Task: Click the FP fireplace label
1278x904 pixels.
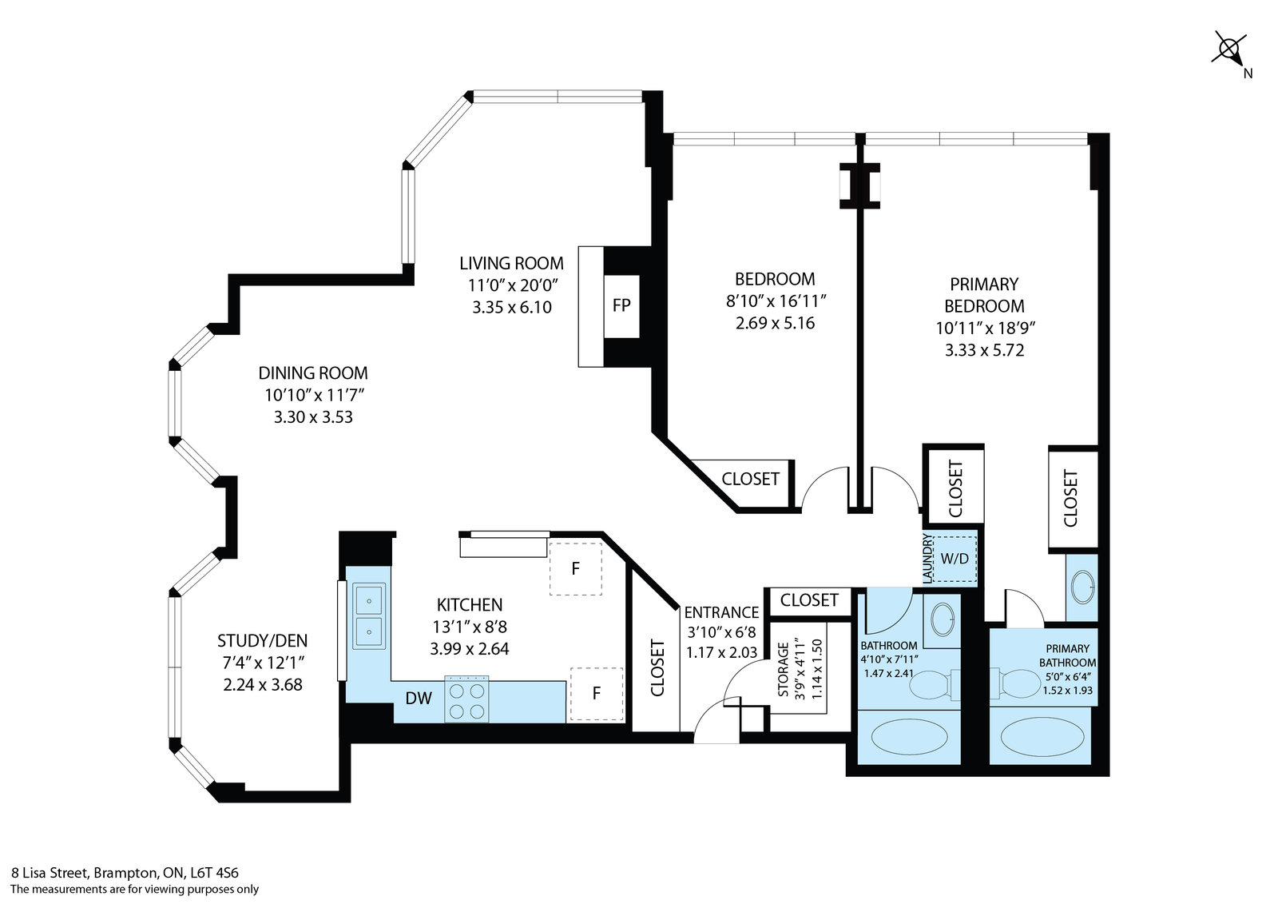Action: (621, 305)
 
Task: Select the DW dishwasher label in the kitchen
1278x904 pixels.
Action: (419, 698)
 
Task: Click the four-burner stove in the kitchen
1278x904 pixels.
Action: (466, 699)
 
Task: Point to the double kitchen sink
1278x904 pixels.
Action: (368, 615)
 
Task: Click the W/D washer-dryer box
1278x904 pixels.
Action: (955, 559)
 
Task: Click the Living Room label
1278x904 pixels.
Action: (511, 263)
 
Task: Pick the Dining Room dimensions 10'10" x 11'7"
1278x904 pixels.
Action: (314, 395)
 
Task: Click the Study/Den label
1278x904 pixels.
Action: (263, 641)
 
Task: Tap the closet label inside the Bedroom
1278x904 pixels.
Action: (750, 479)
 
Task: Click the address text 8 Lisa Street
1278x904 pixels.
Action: (49, 873)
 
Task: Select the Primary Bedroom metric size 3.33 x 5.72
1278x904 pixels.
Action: (984, 350)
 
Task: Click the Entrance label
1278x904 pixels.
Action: (722, 613)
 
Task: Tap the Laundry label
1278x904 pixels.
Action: (927, 559)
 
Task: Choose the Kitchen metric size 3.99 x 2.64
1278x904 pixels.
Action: (470, 649)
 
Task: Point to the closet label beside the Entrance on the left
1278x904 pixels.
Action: (657, 668)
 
